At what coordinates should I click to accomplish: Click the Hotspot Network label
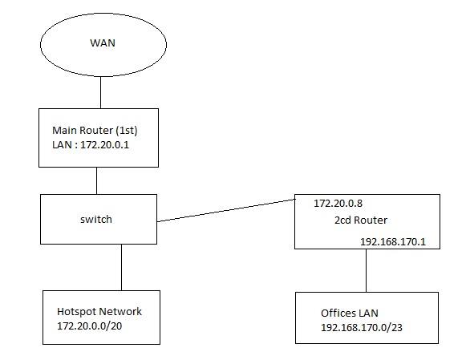click(x=98, y=312)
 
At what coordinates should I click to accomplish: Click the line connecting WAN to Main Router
click(x=99, y=94)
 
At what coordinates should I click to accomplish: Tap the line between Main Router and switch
click(x=97, y=180)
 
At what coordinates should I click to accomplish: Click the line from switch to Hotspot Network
click(x=121, y=267)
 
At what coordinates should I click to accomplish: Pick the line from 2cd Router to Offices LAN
click(x=367, y=270)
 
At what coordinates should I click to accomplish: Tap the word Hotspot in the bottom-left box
click(x=76, y=312)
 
